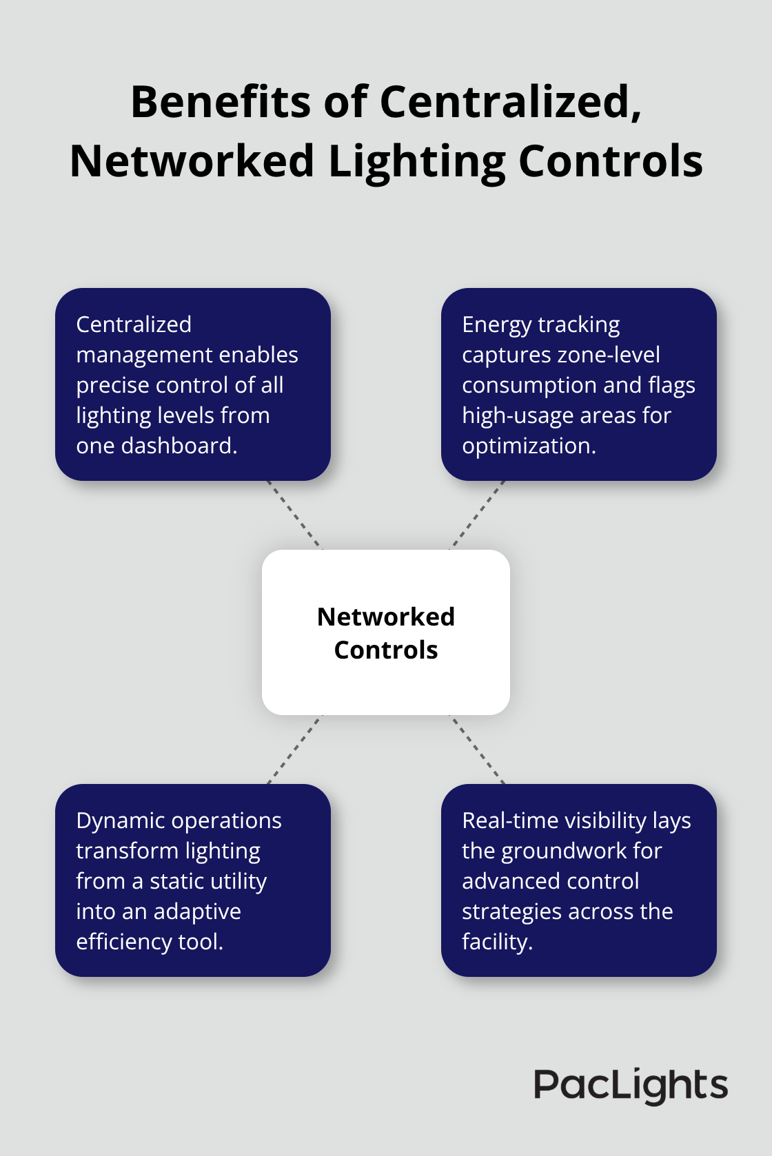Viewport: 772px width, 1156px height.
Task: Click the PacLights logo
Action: tap(630, 1086)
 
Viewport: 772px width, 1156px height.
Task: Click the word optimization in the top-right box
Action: tap(528, 446)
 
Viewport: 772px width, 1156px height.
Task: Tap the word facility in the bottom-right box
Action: tap(496, 942)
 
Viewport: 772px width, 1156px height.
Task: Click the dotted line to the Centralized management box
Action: tap(294, 515)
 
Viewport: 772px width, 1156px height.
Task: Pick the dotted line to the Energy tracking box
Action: tap(478, 515)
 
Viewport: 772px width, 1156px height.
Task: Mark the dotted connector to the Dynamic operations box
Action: tap(294, 750)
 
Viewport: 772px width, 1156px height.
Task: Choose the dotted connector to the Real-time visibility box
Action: tap(478, 750)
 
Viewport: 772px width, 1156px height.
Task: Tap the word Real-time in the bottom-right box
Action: tap(510, 820)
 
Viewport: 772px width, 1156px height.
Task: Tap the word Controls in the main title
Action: tap(610, 163)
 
